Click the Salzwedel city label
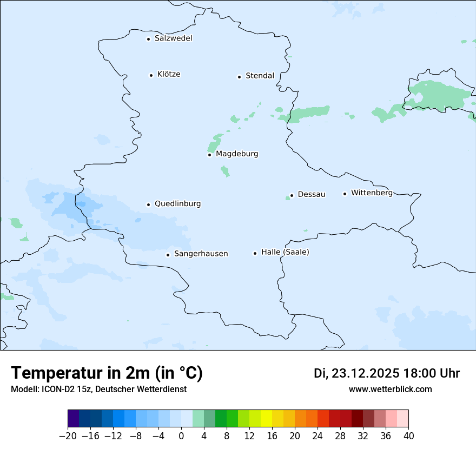(x=173, y=38)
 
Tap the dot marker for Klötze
(x=151, y=75)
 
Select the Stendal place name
(x=260, y=76)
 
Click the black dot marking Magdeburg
(x=209, y=155)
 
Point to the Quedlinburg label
(x=177, y=204)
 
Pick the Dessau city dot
(x=292, y=195)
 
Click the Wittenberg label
(x=372, y=193)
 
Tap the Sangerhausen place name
(x=201, y=254)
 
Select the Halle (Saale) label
(x=285, y=253)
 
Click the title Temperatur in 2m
(x=107, y=373)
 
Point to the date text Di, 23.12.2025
(x=356, y=373)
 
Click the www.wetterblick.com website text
(x=390, y=389)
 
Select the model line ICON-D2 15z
(x=98, y=389)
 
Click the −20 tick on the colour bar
(x=68, y=436)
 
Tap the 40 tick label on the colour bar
(x=408, y=436)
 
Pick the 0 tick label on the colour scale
(x=181, y=436)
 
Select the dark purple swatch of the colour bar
(x=74, y=419)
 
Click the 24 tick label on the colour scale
(x=318, y=436)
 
